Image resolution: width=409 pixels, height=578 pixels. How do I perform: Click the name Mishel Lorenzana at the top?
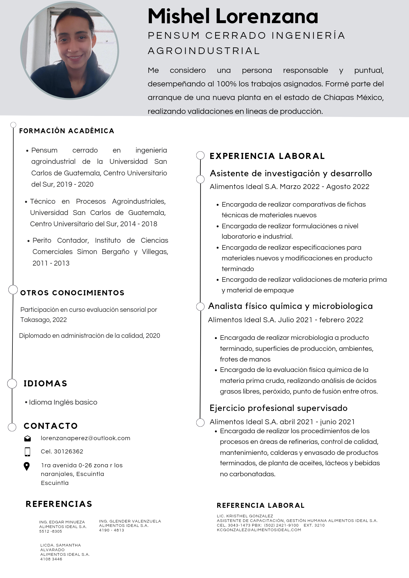[x=233, y=16]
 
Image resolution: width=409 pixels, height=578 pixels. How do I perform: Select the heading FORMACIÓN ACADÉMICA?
[x=67, y=131]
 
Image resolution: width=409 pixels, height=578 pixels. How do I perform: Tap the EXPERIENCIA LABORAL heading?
[x=267, y=156]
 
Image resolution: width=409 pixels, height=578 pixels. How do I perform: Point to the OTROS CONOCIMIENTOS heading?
[x=72, y=293]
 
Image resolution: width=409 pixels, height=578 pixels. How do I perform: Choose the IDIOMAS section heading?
[x=45, y=384]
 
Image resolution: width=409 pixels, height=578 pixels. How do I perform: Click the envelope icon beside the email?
[x=27, y=438]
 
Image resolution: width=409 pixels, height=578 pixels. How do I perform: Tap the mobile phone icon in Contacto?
[x=27, y=451]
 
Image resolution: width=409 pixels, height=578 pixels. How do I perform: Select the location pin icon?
[x=27, y=466]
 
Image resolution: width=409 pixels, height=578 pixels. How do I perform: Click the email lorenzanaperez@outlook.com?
[x=85, y=438]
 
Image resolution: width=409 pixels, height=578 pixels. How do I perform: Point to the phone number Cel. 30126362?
[x=62, y=451]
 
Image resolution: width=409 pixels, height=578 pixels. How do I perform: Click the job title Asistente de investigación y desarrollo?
[x=291, y=173]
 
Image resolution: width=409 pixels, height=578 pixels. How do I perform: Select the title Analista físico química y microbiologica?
[x=290, y=306]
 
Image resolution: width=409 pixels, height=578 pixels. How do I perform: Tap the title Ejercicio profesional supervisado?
[x=278, y=408]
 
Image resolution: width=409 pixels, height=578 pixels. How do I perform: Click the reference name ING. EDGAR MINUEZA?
[x=62, y=522]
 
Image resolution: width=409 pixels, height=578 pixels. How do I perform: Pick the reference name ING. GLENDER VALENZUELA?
[x=130, y=521]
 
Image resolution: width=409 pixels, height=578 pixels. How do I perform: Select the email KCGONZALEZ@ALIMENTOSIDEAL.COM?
[x=259, y=530]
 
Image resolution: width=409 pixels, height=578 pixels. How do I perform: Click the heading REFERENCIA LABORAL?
[x=260, y=505]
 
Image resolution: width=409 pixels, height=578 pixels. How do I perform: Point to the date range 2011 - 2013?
[x=51, y=263]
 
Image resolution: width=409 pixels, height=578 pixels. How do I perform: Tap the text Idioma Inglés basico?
[x=63, y=402]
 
